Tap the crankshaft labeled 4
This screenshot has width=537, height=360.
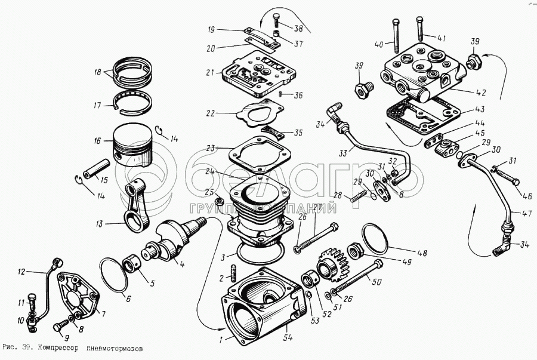pos(173,239)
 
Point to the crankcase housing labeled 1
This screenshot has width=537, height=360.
pos(257,304)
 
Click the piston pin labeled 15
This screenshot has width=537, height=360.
pos(97,168)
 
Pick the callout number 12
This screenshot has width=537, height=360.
pos(21,272)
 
